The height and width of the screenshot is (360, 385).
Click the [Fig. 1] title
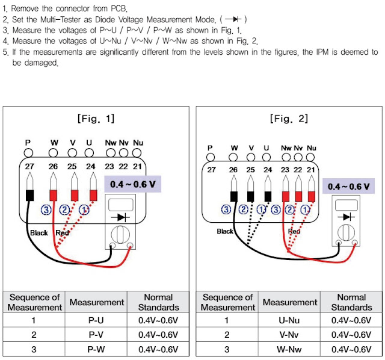coord(96,119)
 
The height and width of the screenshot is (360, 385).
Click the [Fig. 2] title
coord(289,119)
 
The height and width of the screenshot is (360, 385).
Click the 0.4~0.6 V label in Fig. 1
coord(132,184)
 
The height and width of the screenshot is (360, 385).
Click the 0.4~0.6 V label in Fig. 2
coord(348,186)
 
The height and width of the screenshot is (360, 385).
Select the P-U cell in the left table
coord(96,320)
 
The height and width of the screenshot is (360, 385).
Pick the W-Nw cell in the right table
coord(289,349)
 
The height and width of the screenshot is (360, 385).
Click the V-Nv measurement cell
coord(289,335)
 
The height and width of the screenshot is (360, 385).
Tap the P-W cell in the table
coord(96,349)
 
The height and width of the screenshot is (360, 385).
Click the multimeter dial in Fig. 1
coord(120,234)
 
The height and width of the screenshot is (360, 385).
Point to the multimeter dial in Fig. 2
coord(346,232)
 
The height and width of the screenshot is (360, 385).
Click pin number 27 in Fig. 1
coord(29,166)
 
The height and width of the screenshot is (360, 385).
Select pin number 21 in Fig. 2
coord(311,170)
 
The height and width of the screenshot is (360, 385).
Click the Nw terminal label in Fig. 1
coord(111,143)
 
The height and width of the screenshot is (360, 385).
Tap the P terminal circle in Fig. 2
coord(211,157)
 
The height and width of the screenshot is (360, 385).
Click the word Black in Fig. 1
coord(38,233)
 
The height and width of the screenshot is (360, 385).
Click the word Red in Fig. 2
coord(294,231)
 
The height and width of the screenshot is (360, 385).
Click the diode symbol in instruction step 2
coord(233,19)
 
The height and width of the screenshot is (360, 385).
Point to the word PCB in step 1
coord(119,8)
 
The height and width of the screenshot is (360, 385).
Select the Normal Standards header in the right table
coord(351,302)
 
